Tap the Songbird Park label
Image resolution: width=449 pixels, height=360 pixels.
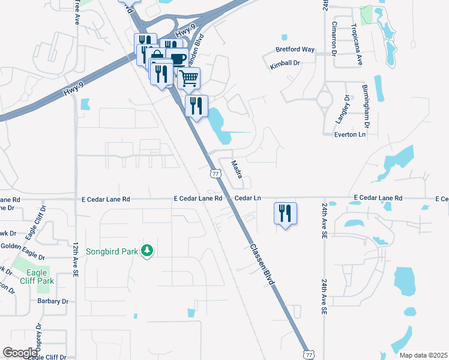coord(112,251)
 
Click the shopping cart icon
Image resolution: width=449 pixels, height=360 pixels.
coord(188,77)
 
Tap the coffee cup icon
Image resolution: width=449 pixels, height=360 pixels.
coord(178,58)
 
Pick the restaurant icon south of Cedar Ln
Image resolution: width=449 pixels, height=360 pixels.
coord(285,213)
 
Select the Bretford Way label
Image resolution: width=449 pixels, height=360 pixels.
coord(295,49)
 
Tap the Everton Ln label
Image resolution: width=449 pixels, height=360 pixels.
coord(349,135)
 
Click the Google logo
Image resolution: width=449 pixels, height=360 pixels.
coord(20,353)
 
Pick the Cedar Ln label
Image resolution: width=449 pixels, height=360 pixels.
coord(249,198)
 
